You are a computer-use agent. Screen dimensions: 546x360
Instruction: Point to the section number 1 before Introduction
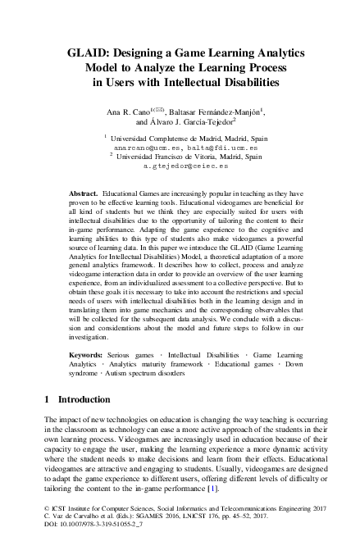pos(44,422)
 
